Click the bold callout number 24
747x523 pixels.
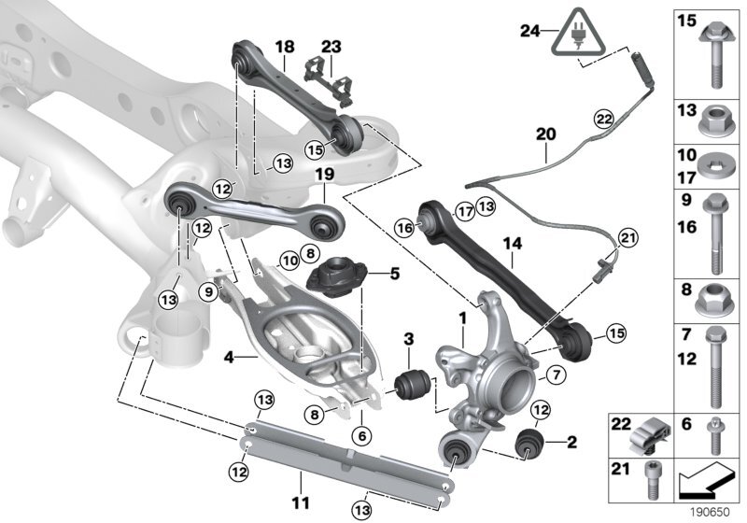click(x=529, y=30)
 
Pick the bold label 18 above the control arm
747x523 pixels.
click(x=284, y=45)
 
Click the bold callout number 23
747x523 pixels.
click(x=331, y=45)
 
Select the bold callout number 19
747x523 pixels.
click(x=323, y=174)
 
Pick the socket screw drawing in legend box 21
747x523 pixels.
click(x=650, y=477)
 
